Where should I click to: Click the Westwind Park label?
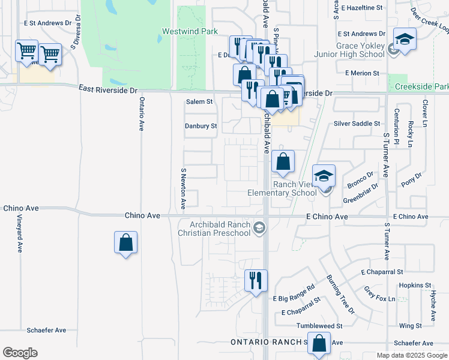pyautogui.click(x=184, y=31)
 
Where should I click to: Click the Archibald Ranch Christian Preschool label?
pyautogui.click(x=217, y=228)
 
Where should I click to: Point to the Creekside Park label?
pyautogui.click(x=421, y=87)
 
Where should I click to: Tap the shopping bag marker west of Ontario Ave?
pyautogui.click(x=126, y=242)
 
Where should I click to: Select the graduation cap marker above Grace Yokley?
pyautogui.click(x=405, y=39)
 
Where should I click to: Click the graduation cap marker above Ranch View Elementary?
pyautogui.click(x=324, y=175)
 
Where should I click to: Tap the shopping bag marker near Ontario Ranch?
pyautogui.click(x=320, y=344)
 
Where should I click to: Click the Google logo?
pyautogui.click(x=20, y=353)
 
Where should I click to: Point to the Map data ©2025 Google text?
pyautogui.click(x=411, y=355)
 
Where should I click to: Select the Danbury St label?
pyautogui.click(x=200, y=126)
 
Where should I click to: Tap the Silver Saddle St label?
pyautogui.click(x=357, y=123)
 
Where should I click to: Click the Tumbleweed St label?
pyautogui.click(x=319, y=326)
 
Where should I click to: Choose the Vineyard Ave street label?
pyautogui.click(x=19, y=233)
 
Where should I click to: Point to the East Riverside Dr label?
pyautogui.click(x=107, y=89)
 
